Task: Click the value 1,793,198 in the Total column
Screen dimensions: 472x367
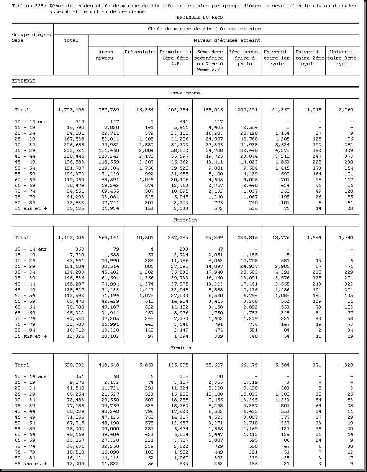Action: click(x=71, y=110)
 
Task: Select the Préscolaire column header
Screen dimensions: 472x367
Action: click(x=140, y=52)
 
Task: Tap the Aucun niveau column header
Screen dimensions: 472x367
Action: click(x=106, y=55)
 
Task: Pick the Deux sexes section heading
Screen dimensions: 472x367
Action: click(x=185, y=92)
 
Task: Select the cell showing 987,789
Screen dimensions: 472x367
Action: click(x=109, y=110)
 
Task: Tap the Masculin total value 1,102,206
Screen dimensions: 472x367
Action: click(x=71, y=238)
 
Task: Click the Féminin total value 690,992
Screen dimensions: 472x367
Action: click(x=74, y=365)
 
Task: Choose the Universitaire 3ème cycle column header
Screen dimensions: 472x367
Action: click(x=343, y=58)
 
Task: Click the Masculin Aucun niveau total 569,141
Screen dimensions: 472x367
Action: click(x=109, y=238)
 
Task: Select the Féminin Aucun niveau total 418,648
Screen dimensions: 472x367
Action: click(x=109, y=365)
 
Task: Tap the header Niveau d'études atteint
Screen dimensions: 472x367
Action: click(x=227, y=40)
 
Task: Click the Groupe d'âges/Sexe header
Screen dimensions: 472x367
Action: click(x=32, y=37)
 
